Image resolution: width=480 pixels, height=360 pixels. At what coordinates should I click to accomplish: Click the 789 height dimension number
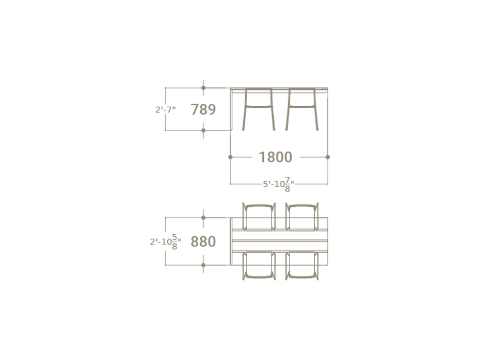203,109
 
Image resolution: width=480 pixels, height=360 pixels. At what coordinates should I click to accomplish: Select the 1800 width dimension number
276,157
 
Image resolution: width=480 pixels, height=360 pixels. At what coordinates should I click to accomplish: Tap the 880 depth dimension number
203,241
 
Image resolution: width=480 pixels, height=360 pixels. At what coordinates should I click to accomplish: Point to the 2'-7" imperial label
166,109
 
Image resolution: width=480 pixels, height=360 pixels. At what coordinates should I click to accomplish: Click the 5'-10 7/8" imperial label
279,184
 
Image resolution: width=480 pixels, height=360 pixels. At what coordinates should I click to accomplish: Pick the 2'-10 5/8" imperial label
165,241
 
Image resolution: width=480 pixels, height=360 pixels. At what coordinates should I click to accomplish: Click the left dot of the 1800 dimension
231,157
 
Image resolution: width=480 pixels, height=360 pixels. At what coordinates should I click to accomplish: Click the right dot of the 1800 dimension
328,157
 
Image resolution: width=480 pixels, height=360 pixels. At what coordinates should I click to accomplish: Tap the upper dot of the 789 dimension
203,88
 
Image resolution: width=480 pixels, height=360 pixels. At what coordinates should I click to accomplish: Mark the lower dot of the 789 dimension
203,130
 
